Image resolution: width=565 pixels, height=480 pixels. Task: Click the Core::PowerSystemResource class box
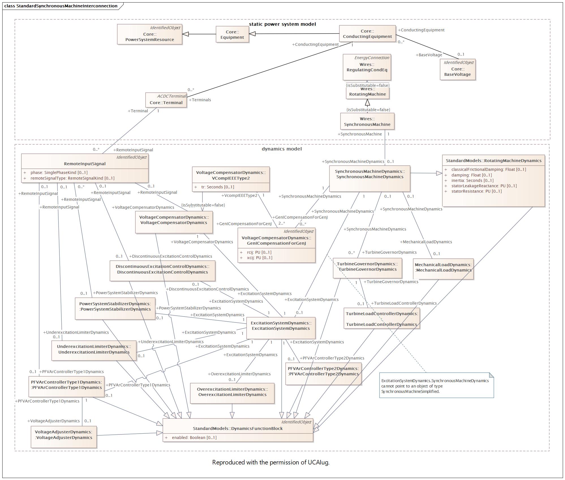[x=149, y=34]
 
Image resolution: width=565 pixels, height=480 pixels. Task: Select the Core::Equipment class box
[x=232, y=34]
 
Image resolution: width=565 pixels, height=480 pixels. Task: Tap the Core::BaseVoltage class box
[x=457, y=69]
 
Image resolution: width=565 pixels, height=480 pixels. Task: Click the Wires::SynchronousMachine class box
[x=367, y=121]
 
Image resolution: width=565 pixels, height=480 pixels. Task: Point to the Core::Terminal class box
[x=166, y=100]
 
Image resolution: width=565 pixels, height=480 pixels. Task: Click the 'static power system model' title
[x=282, y=24]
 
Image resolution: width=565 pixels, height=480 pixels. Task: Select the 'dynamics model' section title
[x=282, y=149]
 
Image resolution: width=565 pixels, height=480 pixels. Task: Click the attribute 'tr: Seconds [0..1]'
[x=218, y=187]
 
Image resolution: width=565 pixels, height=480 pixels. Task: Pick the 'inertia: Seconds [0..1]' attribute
[x=472, y=180]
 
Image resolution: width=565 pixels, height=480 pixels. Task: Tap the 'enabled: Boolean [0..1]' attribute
[x=194, y=438]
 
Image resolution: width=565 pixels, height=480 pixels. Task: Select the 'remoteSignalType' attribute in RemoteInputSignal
[x=72, y=178]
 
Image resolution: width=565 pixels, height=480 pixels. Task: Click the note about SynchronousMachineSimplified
[x=436, y=385]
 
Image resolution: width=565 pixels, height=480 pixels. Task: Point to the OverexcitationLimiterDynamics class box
[x=232, y=393]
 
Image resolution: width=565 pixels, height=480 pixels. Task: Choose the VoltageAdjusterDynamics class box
[x=64, y=437]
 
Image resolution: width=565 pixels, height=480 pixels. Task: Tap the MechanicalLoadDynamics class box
[x=443, y=269]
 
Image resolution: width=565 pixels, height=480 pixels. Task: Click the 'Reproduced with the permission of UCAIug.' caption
[x=271, y=462]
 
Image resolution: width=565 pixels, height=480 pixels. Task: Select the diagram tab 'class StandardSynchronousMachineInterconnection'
[x=61, y=6]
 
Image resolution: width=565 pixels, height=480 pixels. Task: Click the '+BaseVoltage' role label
[x=429, y=55]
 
